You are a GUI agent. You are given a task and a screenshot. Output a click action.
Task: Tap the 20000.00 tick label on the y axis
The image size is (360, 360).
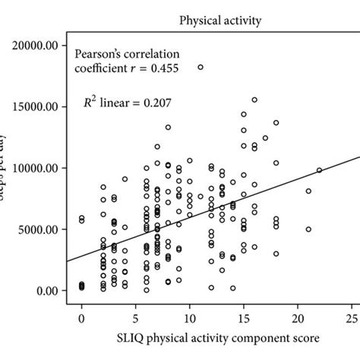coord(36,46)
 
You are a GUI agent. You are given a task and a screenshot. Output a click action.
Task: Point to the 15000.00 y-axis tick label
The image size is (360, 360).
coord(36,107)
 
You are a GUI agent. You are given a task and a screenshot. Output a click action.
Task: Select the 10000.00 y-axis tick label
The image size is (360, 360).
coord(36,168)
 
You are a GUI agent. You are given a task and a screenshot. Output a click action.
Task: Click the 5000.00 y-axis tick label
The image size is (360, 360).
coord(39,229)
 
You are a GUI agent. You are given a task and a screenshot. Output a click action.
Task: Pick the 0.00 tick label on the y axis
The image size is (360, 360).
coord(47,291)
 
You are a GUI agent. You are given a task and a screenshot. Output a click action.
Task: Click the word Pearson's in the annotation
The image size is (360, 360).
coord(97,54)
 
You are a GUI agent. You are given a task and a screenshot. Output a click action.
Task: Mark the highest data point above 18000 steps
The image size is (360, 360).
coord(201,67)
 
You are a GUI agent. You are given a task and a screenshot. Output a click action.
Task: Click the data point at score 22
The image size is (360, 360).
coord(320,170)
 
